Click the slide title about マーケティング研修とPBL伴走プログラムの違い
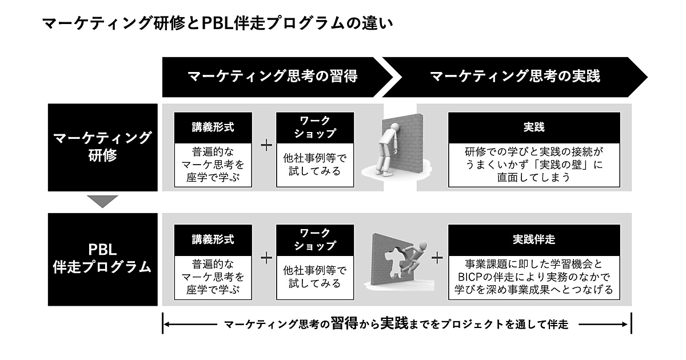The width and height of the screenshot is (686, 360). tap(217, 25)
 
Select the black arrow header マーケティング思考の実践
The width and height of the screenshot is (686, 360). tap(514, 77)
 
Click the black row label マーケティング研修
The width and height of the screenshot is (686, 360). tap(102, 147)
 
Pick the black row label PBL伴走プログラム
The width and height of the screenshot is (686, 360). tap(102, 258)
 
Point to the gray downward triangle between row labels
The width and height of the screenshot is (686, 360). tap(103, 201)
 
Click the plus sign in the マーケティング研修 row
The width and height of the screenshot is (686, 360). tap(266, 145)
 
